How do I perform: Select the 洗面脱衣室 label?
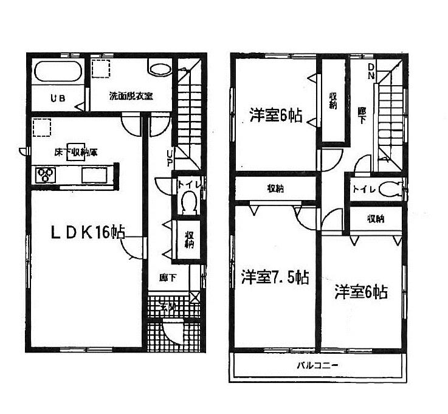click(x=131, y=96)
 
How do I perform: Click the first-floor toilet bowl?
click(x=188, y=202)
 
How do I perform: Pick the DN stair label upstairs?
click(x=371, y=72)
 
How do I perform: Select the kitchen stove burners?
click(x=46, y=175)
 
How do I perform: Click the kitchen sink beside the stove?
click(x=94, y=175)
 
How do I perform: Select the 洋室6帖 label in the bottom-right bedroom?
click(x=360, y=292)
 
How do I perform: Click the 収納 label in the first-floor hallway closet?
click(x=189, y=240)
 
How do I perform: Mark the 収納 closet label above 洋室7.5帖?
click(x=276, y=188)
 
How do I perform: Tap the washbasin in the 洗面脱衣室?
click(x=160, y=69)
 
